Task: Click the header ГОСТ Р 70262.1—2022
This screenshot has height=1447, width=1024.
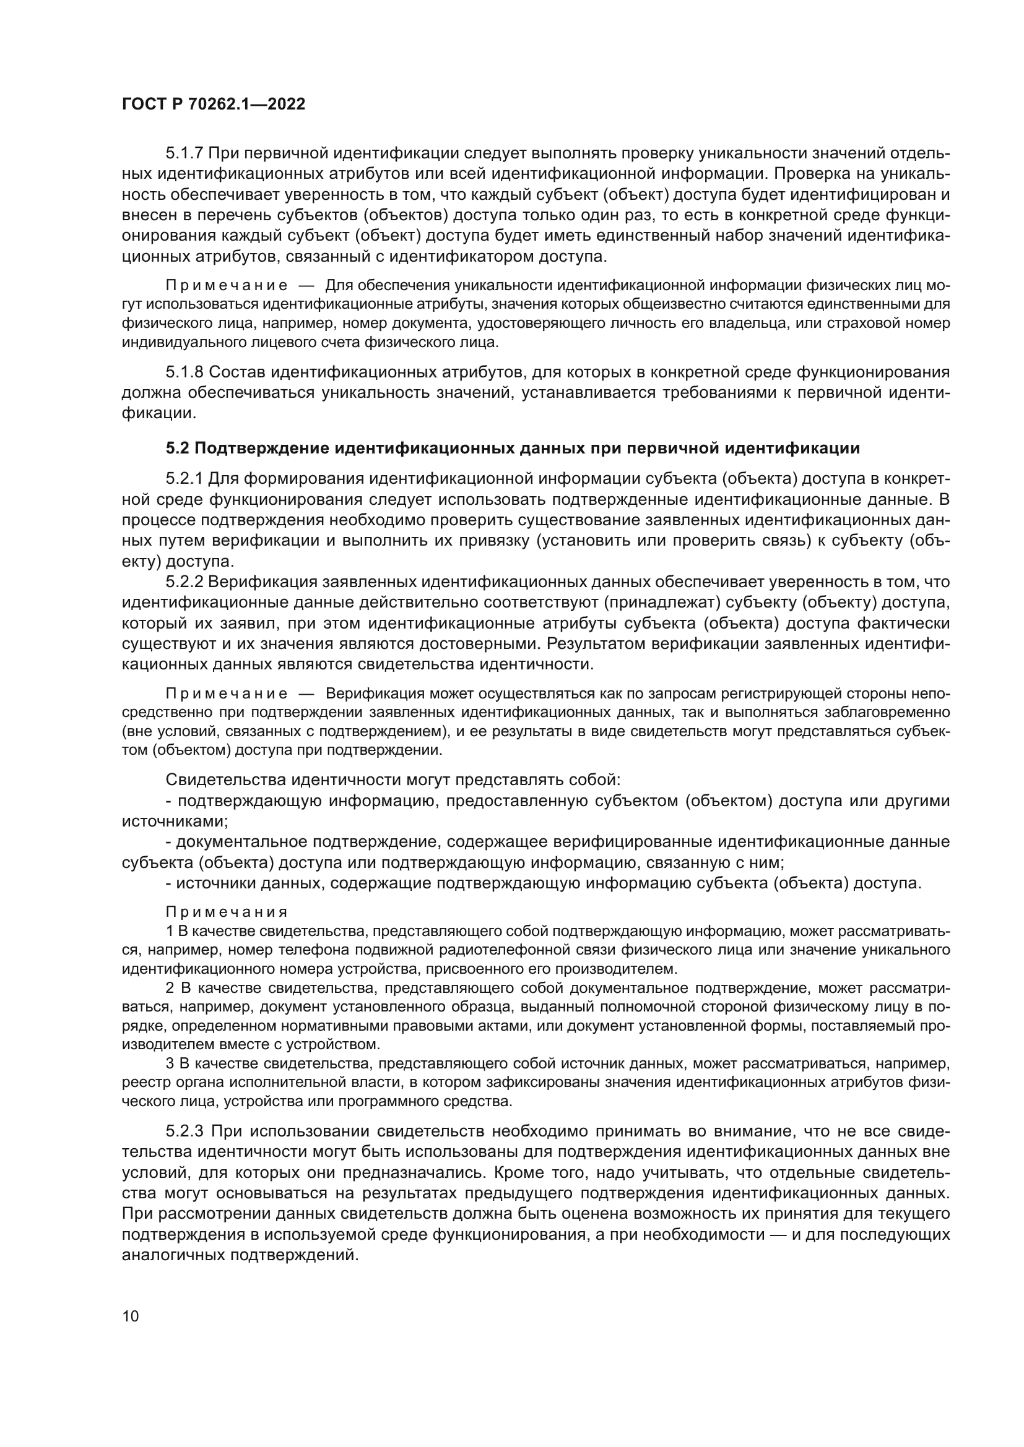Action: [213, 104]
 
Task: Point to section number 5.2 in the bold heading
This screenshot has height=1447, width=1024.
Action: [177, 448]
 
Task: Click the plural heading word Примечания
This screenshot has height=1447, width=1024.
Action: [227, 912]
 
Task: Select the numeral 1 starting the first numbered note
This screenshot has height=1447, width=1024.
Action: [169, 931]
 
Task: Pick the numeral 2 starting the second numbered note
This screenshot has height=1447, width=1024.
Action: [170, 987]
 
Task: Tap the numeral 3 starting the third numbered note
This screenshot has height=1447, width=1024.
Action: [169, 1064]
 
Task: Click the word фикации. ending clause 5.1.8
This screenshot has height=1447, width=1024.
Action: [158, 413]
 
